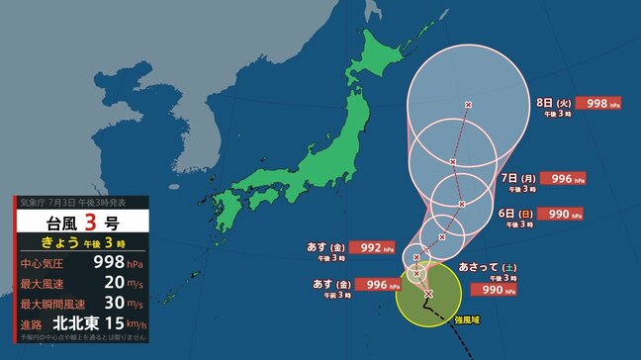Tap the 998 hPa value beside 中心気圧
pyautogui.click(x=106, y=262)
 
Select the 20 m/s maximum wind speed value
pyautogui.click(x=111, y=283)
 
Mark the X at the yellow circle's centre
pyautogui.click(x=428, y=294)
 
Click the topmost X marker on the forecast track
pyautogui.click(x=469, y=105)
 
